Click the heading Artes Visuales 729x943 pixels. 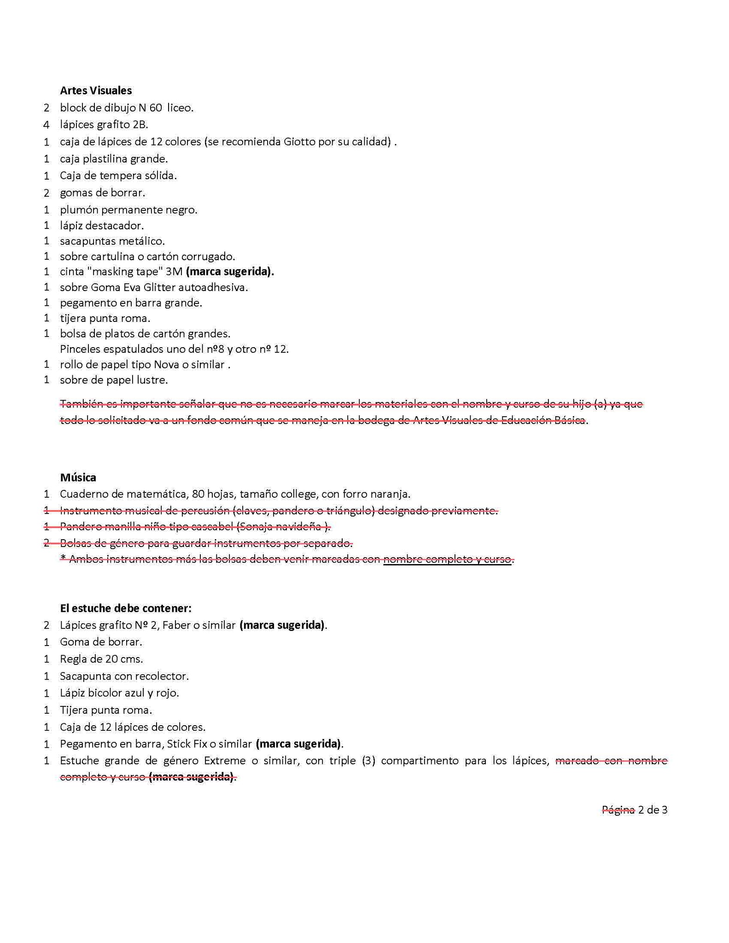[x=96, y=90]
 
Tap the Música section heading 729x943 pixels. [x=78, y=477]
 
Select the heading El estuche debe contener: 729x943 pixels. [x=125, y=608]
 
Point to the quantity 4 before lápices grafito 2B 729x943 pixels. [x=47, y=124]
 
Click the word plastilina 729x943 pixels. [x=105, y=159]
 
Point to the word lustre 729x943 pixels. [x=152, y=380]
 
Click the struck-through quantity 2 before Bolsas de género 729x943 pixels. [x=47, y=543]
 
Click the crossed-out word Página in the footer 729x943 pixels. [x=618, y=810]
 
